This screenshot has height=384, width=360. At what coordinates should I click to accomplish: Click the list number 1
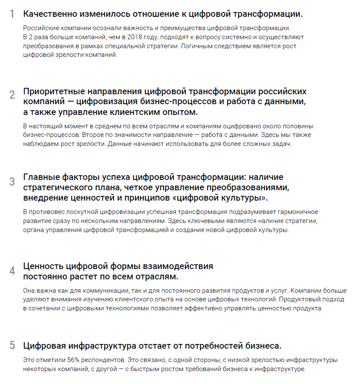pyautogui.click(x=12, y=14)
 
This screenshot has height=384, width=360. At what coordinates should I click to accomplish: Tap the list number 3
pyautogui.click(x=12, y=182)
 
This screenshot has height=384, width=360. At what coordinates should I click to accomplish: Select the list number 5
pyautogui.click(x=12, y=345)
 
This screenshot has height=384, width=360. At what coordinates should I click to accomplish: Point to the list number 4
pyautogui.click(x=12, y=271)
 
